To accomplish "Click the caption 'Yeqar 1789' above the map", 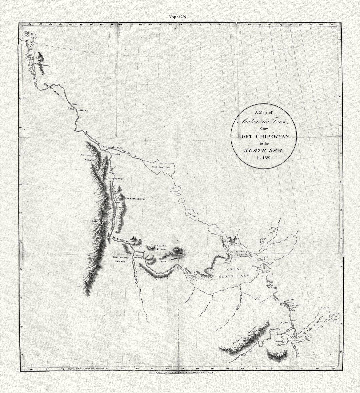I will click(x=180, y=17).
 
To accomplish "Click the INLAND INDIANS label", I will click(x=135, y=199).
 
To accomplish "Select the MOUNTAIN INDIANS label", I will click(x=88, y=157).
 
